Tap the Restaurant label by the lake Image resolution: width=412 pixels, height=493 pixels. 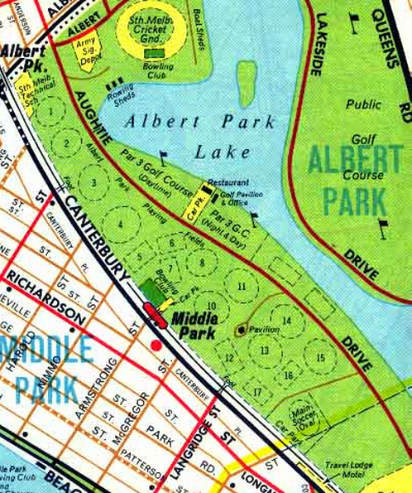[228, 181]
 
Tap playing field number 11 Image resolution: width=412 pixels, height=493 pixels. [242, 287]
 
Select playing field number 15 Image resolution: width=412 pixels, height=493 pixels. [319, 357]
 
